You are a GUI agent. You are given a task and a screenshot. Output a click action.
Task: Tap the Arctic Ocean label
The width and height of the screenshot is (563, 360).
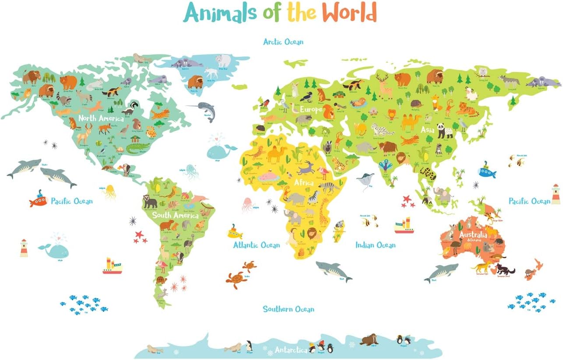283,42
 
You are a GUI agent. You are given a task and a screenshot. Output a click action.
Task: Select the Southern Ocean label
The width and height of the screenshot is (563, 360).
288,309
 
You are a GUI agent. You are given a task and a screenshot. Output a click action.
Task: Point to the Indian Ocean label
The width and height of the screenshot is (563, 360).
375,245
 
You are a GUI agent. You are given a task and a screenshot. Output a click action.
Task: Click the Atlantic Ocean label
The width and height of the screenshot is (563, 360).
256,245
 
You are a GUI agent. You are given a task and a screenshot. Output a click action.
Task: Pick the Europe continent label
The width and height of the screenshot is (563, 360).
311,109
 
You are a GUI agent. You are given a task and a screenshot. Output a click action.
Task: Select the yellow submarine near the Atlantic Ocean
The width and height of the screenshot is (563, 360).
234,232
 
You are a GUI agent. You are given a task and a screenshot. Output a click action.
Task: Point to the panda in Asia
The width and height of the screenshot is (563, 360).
444,131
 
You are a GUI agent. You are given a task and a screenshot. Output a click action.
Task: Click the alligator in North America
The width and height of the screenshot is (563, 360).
138,148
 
